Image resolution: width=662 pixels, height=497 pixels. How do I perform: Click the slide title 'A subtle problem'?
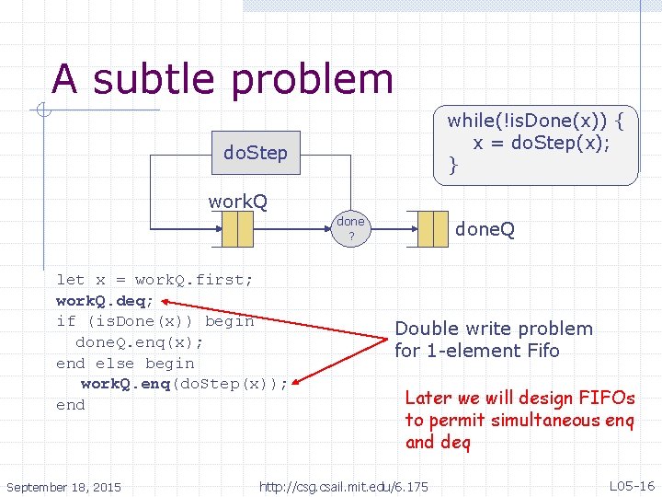pyautogui.click(x=223, y=79)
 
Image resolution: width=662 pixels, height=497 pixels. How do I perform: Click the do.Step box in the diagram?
pyautogui.click(x=256, y=153)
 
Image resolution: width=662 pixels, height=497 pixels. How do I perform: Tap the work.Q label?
pyautogui.click(x=237, y=201)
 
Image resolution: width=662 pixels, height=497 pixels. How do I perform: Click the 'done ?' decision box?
pyautogui.click(x=350, y=228)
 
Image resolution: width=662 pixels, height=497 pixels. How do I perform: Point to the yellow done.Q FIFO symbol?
pyautogui.click(x=432, y=228)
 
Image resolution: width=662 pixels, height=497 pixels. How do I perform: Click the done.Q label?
pyautogui.click(x=485, y=228)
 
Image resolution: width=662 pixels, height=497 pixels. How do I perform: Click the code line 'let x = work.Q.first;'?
pyautogui.click(x=154, y=279)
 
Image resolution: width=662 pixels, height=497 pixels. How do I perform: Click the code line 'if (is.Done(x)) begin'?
pyautogui.click(x=154, y=321)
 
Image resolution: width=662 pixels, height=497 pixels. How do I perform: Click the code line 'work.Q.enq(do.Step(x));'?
pyautogui.click(x=184, y=384)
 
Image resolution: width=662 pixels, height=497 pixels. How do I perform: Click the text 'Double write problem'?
pyautogui.click(x=494, y=329)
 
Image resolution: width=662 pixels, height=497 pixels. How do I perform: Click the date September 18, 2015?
pyautogui.click(x=63, y=486)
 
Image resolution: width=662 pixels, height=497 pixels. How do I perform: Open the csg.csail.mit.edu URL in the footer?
pyautogui.click(x=344, y=486)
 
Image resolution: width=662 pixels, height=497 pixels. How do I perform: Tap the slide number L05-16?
pyautogui.click(x=632, y=485)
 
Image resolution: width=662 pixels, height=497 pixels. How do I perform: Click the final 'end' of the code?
pyautogui.click(x=71, y=405)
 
